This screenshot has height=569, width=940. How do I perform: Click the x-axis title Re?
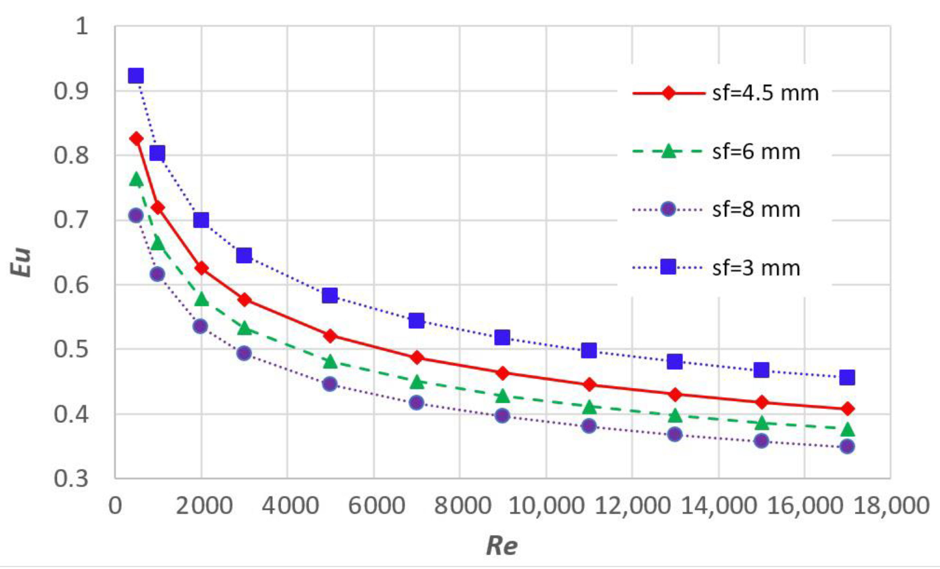point(502,546)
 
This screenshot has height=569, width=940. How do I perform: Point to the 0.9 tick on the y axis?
point(71,91)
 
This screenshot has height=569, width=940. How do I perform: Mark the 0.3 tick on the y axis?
point(71,479)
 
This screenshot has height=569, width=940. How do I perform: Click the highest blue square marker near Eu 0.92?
point(136,76)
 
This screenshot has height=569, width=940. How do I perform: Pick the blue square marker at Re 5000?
point(330,295)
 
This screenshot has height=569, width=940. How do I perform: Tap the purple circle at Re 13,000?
point(675,434)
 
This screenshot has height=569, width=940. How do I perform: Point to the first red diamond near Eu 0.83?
point(136,139)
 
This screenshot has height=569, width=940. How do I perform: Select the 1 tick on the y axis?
point(82,27)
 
